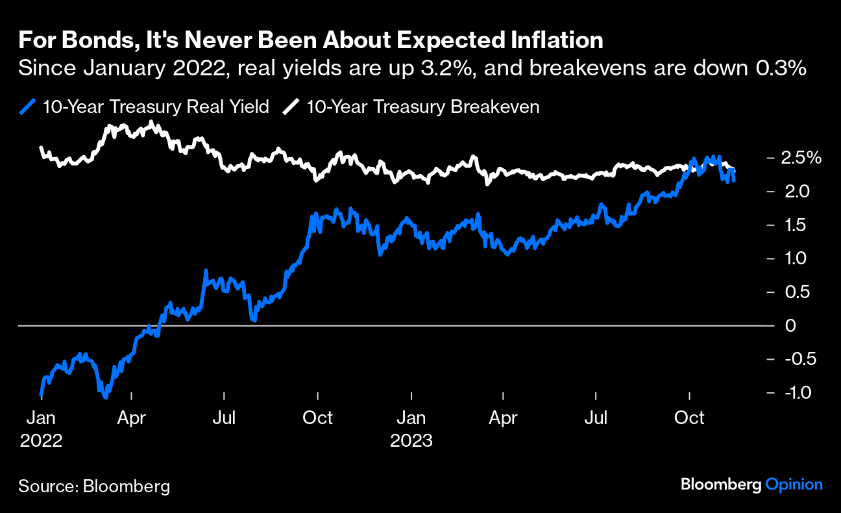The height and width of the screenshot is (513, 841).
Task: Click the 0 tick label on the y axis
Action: [790, 325]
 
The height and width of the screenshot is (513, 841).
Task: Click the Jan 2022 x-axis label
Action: [41, 429]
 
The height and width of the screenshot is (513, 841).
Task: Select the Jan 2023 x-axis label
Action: [411, 429]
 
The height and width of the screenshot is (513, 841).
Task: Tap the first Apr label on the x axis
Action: [132, 418]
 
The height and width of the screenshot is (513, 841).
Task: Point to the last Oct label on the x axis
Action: [689, 418]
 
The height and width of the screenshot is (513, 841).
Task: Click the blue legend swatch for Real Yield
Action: [28, 106]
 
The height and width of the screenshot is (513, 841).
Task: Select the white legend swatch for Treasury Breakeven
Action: [292, 106]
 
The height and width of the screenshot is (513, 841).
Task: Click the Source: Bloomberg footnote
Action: [94, 486]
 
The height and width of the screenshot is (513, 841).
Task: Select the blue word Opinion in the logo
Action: [794, 484]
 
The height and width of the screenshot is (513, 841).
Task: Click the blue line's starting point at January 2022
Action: [42, 394]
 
